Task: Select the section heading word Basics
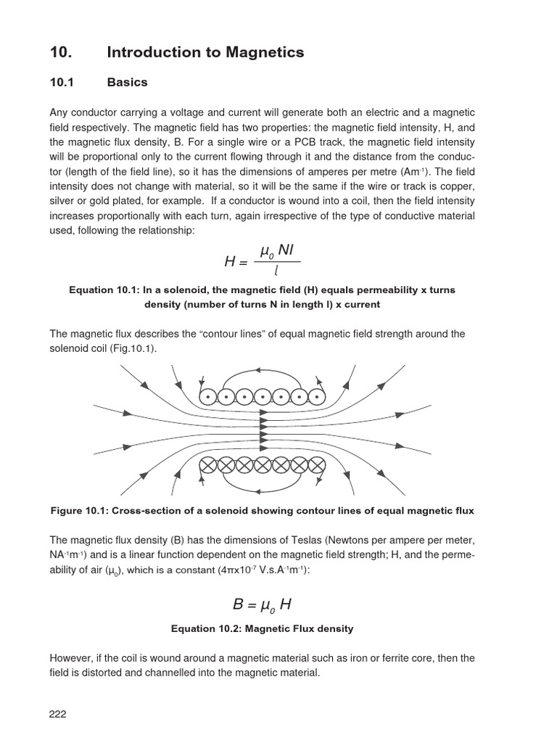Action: (x=127, y=82)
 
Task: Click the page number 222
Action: (x=58, y=714)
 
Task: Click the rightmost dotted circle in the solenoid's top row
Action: (x=317, y=396)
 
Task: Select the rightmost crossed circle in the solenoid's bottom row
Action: (x=317, y=465)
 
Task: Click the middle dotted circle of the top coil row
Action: (x=263, y=396)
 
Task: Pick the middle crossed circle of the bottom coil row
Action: (x=263, y=465)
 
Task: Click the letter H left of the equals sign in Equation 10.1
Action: (x=231, y=262)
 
